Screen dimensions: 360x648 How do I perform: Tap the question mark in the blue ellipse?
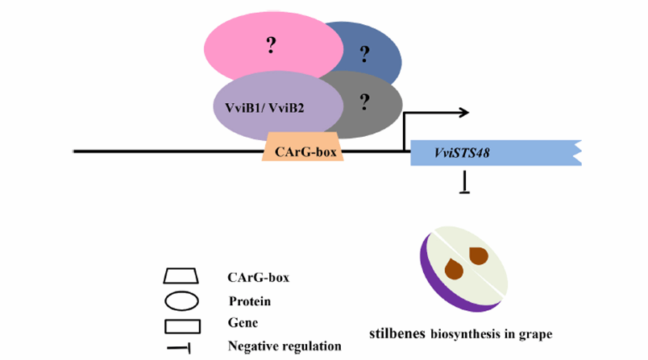point(365,54)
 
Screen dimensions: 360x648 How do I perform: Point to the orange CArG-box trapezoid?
point(303,150)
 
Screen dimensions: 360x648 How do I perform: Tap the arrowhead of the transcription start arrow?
point(463,113)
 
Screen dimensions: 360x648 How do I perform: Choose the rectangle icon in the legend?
point(181,325)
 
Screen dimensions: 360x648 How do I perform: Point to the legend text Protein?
point(250,302)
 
